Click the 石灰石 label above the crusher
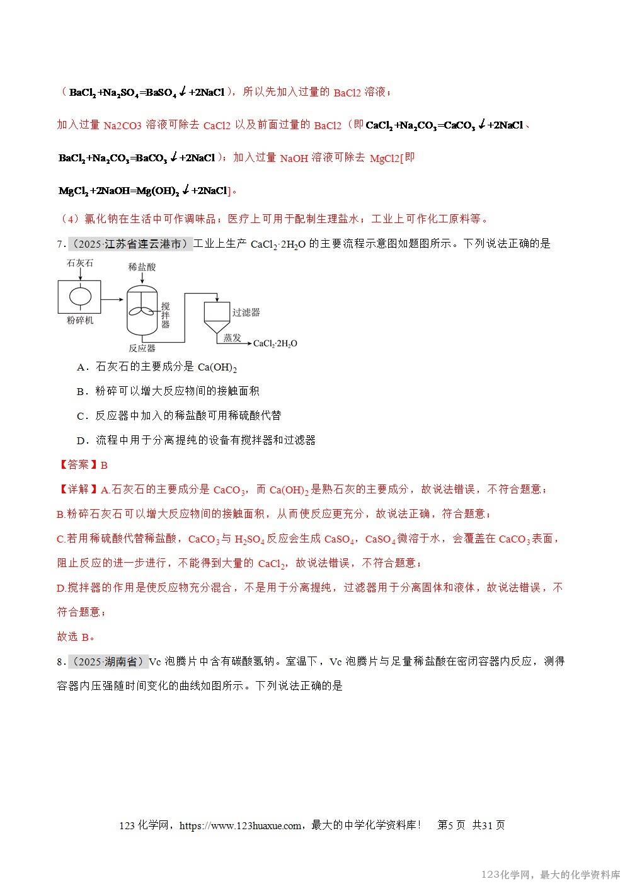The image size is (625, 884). tap(79, 263)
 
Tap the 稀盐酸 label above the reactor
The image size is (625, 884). tap(142, 267)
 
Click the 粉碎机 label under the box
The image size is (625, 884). tap(80, 320)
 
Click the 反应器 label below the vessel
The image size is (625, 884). tap(142, 348)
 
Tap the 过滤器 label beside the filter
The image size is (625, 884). tap(246, 312)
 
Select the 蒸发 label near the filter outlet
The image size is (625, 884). tap(232, 337)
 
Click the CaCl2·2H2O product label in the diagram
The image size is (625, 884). tap(275, 343)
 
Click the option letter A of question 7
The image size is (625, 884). tap(81, 367)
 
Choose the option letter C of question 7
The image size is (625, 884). tap(81, 416)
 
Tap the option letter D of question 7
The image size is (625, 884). tap(81, 440)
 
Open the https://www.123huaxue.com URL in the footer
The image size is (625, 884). tap(240, 825)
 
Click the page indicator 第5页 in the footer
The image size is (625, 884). tap(451, 825)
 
